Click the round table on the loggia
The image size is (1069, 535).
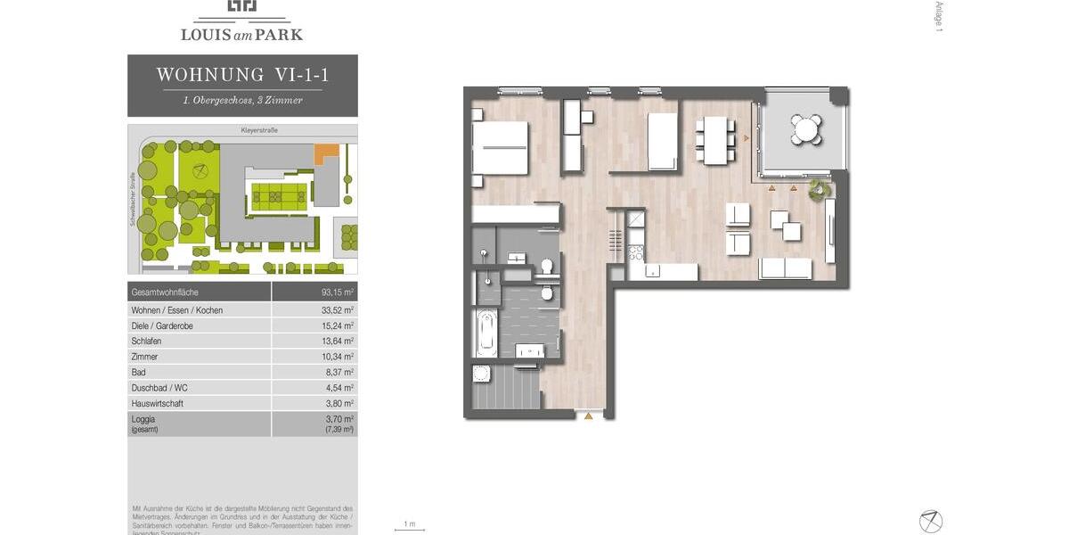(807, 130)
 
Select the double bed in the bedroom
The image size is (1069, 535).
(499, 148)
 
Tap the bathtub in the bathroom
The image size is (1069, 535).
(486, 333)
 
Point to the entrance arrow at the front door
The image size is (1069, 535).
(588, 416)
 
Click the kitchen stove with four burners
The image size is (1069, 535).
(636, 252)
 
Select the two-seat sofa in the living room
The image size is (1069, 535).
(785, 268)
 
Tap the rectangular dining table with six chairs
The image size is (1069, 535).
(714, 140)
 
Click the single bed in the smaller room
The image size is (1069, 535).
(663, 141)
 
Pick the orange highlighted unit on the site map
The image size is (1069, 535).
(327, 152)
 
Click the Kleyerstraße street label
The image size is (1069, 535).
(259, 130)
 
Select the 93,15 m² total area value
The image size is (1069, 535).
(338, 292)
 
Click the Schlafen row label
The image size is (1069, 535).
(146, 342)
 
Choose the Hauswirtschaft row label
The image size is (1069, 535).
(159, 403)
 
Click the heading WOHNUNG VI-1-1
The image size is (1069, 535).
(242, 75)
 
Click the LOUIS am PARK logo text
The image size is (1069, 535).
(241, 35)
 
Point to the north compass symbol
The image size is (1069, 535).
(931, 521)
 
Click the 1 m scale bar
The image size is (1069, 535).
(409, 529)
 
